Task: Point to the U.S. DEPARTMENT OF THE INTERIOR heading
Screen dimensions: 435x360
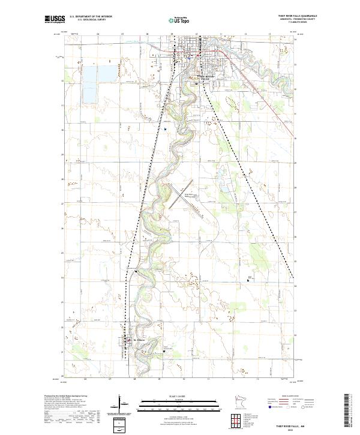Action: click(x=91, y=17)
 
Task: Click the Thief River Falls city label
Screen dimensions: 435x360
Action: click(x=205, y=77)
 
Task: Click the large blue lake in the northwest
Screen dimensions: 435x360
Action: click(x=92, y=83)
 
